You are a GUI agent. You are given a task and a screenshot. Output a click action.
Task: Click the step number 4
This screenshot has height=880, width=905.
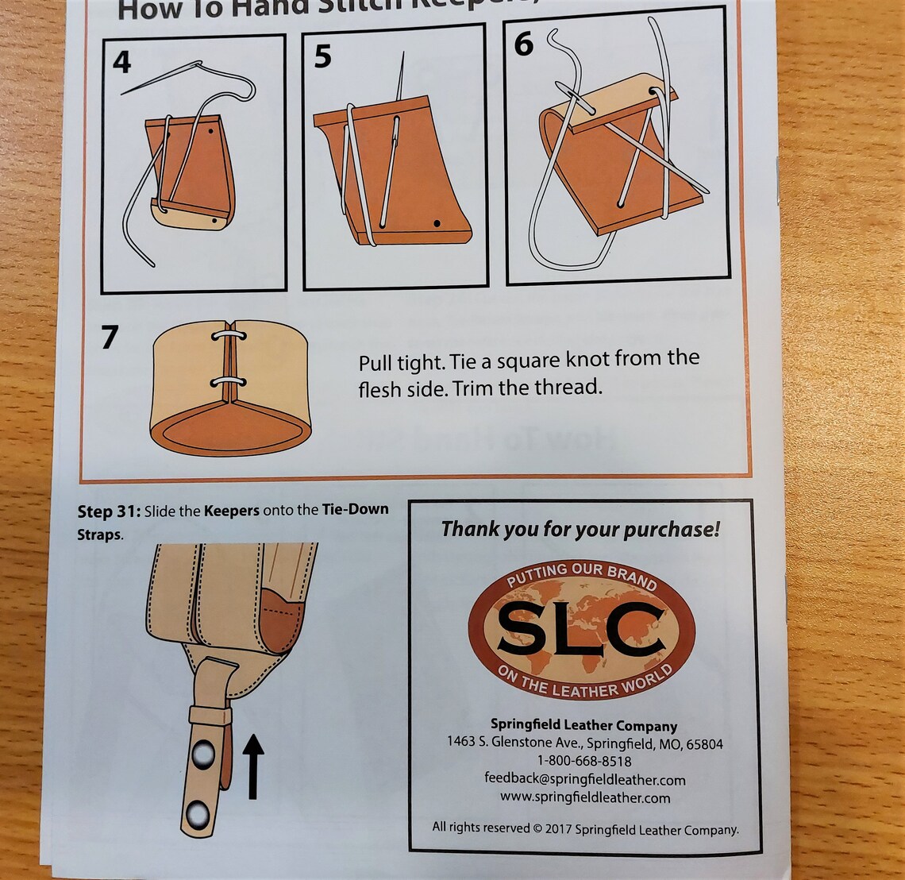[x=121, y=62]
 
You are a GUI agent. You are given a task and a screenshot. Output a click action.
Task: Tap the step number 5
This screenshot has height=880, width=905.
[x=322, y=57]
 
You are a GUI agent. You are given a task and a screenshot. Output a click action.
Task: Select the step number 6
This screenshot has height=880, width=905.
[x=523, y=44]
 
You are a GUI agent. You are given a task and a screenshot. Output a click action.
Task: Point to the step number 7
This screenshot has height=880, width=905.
[x=110, y=338]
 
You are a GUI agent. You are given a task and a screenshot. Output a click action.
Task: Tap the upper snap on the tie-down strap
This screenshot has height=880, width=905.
[x=203, y=752]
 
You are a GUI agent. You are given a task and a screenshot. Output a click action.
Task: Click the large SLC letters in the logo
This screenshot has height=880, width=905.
[x=581, y=627]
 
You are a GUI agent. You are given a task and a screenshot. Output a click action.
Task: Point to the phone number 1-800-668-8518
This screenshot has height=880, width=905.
[x=583, y=762]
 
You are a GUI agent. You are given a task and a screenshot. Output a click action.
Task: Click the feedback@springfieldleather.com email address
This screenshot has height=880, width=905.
[x=584, y=779]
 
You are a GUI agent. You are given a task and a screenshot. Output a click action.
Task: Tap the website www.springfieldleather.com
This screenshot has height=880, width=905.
[x=584, y=797]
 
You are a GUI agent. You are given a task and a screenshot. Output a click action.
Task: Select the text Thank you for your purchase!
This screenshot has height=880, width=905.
[x=580, y=530]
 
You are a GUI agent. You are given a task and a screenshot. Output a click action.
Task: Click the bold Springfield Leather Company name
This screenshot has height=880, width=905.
[x=583, y=725]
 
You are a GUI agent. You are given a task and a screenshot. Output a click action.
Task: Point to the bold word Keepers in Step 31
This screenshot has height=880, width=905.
[x=231, y=511]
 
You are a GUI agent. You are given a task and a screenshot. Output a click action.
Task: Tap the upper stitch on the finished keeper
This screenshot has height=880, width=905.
[x=228, y=337]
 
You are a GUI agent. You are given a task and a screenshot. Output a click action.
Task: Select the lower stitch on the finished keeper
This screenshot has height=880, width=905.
[x=228, y=383]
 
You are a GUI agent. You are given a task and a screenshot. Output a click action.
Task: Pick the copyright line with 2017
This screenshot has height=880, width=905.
[x=585, y=829]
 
